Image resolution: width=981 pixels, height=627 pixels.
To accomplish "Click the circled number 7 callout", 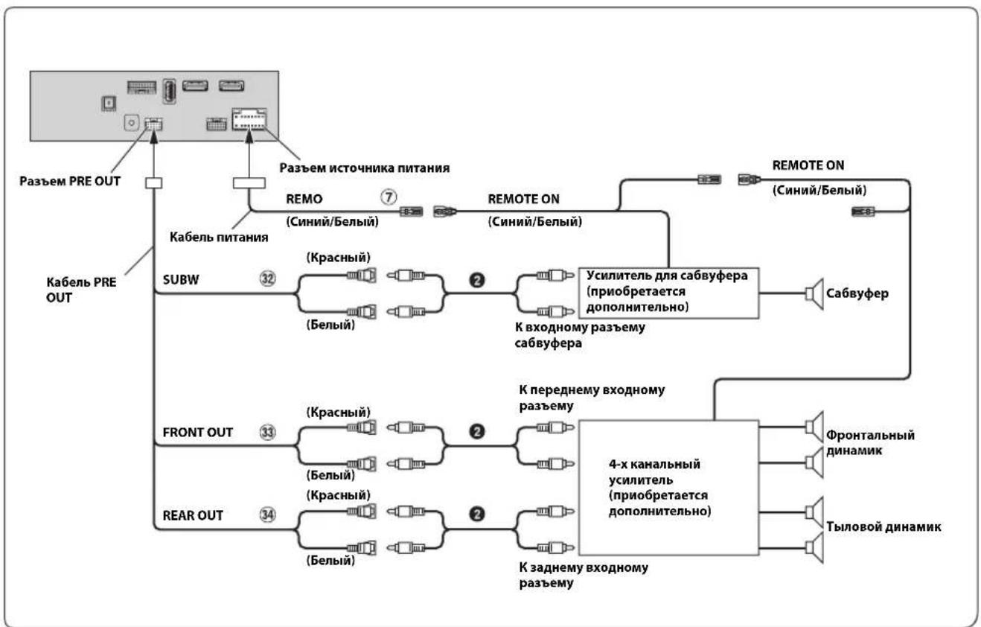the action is coord(389,197).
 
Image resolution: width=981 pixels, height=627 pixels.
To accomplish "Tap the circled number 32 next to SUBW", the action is coord(268,279).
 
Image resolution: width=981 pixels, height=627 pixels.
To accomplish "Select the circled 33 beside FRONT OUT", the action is coord(268,432).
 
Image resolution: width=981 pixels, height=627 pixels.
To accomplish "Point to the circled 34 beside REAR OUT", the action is coord(268,515).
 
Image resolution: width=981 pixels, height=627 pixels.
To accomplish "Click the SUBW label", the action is coord(181,279).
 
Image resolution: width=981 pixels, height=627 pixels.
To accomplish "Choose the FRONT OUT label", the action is coord(197,433).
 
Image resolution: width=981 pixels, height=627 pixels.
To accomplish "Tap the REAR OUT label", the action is coord(193,515).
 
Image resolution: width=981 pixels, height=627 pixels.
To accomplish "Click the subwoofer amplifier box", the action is coord(668,293).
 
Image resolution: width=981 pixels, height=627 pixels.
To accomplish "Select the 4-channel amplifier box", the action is coord(668,488).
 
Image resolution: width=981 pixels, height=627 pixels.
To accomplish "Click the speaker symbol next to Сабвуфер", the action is coord(814,293).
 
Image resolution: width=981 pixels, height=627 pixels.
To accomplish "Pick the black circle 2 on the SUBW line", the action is coord(477,280).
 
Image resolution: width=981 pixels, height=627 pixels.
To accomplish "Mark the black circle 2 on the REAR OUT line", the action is coord(477,514).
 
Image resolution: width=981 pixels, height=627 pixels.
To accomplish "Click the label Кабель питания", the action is coord(219,237).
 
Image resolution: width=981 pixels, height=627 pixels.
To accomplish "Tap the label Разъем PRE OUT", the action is coord(70,181).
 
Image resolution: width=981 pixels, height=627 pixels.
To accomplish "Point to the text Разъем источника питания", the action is coord(365,168).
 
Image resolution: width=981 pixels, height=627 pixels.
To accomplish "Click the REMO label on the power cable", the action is coord(304,199).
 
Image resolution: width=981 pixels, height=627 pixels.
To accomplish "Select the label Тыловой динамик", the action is coord(883,526).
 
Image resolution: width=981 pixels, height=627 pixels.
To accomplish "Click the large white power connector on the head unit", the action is coord(249,119).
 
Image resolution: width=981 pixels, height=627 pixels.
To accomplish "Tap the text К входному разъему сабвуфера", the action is coord(580,335).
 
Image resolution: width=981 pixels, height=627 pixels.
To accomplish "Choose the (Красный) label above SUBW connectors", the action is coord(338,257).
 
